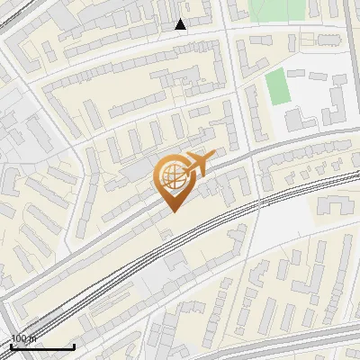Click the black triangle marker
(181, 24)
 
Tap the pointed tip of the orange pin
(173, 211)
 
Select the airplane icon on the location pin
(197, 165)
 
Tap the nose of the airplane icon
(211, 157)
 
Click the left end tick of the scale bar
(12, 346)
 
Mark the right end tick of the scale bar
(74, 346)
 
